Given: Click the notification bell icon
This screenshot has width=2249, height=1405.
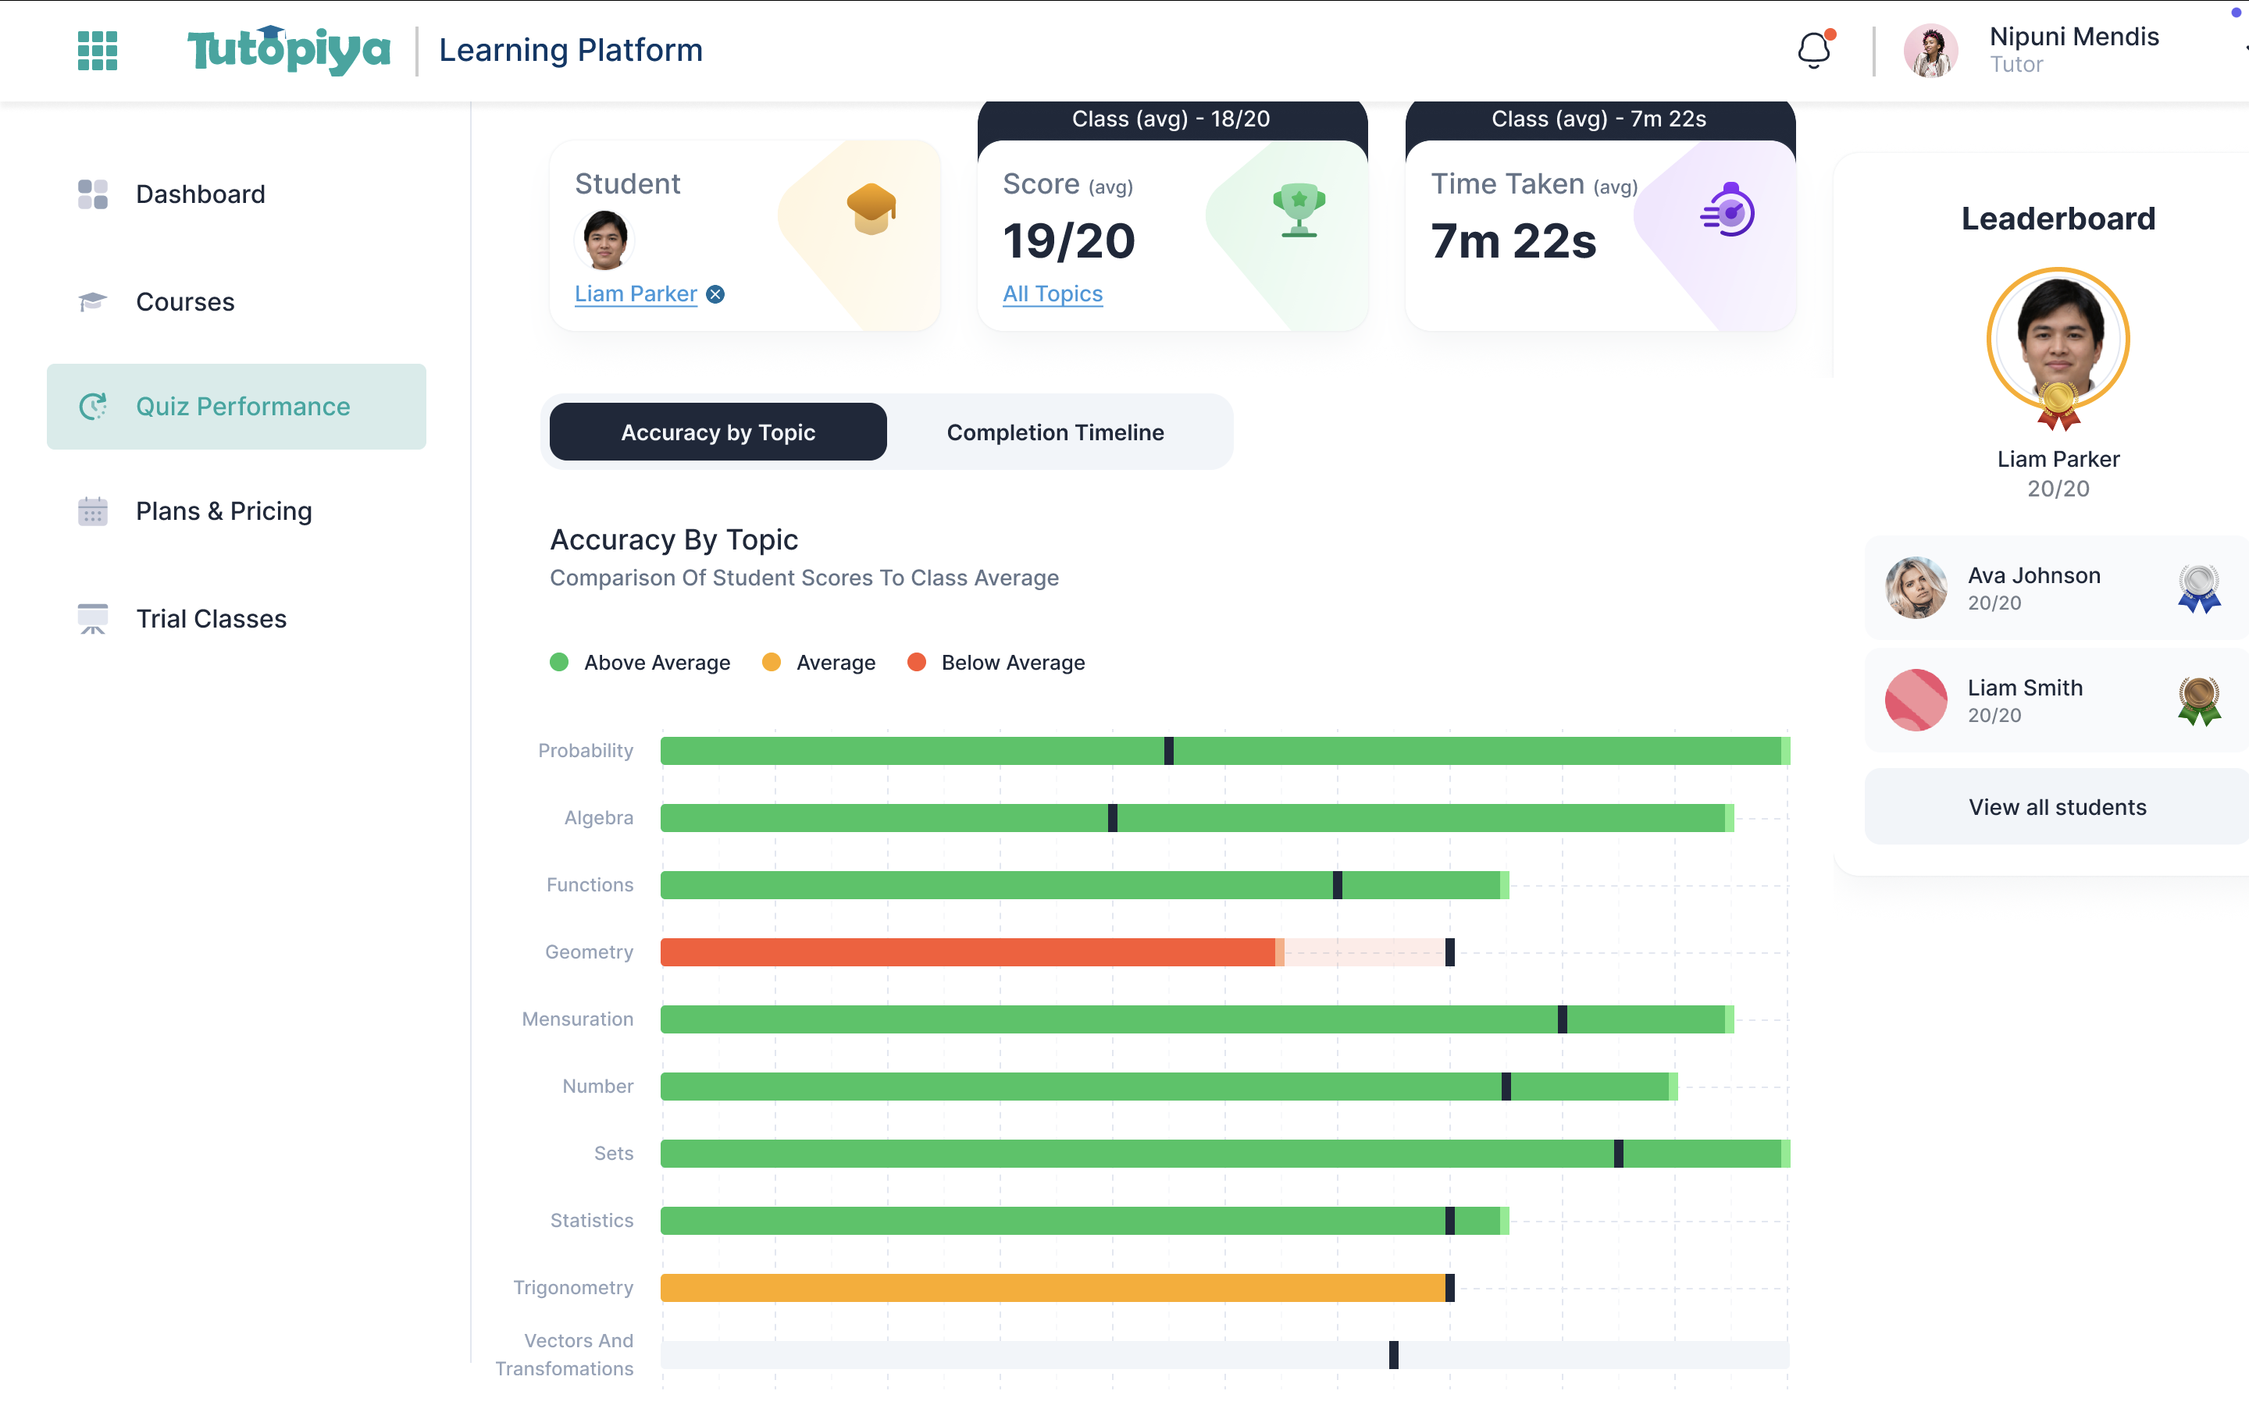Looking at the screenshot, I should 1813,50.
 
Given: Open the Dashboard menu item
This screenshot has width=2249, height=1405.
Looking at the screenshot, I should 200,194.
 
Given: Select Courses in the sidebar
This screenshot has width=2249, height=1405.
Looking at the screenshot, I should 185,302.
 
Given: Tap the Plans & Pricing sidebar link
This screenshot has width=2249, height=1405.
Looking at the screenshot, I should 223,511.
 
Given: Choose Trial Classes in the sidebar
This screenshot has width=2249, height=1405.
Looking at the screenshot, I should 211,619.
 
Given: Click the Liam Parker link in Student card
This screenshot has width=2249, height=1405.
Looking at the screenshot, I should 636,294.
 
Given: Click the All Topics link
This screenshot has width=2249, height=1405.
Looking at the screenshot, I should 1052,294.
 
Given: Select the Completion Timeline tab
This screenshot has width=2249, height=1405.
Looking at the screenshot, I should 1055,432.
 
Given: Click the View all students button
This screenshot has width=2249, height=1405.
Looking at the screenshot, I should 2057,806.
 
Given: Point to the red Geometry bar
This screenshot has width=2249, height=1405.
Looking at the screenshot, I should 967,952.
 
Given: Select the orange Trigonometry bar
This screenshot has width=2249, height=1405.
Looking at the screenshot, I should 1050,1288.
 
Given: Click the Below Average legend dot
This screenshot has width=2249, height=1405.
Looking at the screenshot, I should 916,663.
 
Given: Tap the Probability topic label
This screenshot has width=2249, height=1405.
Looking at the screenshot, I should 586,751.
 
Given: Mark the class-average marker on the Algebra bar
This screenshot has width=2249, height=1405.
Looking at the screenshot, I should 1113,818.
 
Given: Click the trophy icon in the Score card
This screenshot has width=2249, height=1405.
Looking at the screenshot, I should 1299,210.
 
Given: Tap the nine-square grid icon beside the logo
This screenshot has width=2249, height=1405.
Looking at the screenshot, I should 98,50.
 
